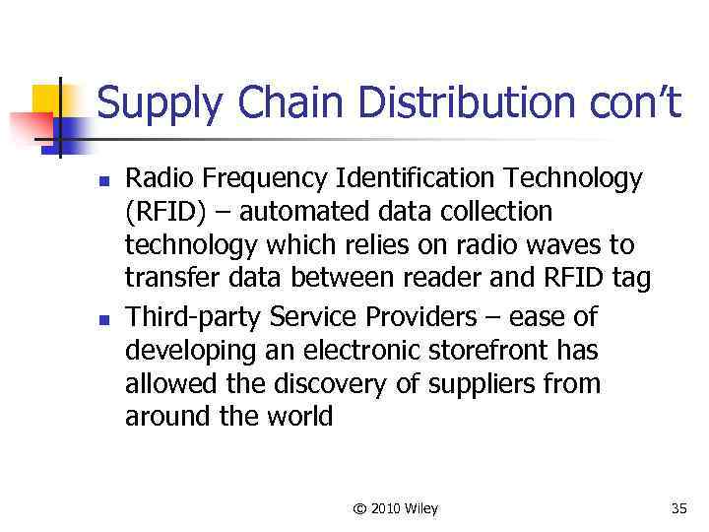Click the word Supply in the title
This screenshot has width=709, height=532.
pyautogui.click(x=157, y=104)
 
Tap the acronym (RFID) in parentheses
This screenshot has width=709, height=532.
pyautogui.click(x=161, y=213)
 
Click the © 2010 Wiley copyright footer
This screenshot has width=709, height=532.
pyautogui.click(x=395, y=508)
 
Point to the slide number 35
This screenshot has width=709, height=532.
pyautogui.click(x=678, y=508)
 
